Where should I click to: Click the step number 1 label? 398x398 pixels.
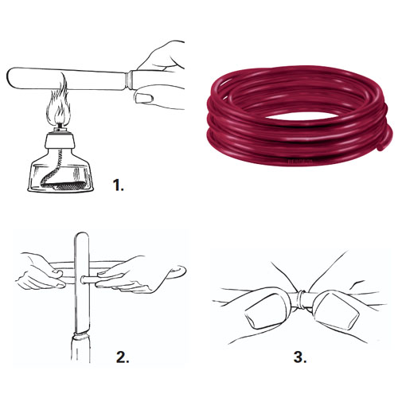(x=119, y=185)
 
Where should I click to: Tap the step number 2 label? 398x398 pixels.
(x=123, y=357)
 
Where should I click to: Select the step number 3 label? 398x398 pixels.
(x=300, y=357)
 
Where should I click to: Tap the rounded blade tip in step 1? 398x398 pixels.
(x=10, y=77)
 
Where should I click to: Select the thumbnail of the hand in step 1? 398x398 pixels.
(x=144, y=98)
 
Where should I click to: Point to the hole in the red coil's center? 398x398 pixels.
(x=300, y=117)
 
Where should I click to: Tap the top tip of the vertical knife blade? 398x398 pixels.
(x=82, y=234)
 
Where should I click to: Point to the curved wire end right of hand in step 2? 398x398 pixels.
(x=179, y=271)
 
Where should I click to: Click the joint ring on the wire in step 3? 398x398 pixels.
(x=302, y=300)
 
